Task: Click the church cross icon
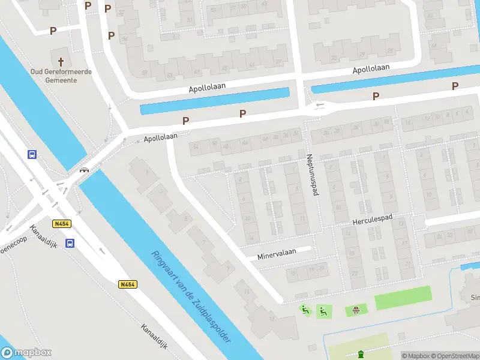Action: pyautogui.click(x=60, y=61)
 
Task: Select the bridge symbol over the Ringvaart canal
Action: pyautogui.click(x=85, y=170)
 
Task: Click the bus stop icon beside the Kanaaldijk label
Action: pyautogui.click(x=70, y=243)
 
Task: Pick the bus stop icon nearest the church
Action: pyautogui.click(x=32, y=154)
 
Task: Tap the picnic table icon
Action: pyautogui.click(x=356, y=310)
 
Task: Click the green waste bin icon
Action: pyautogui.click(x=360, y=353)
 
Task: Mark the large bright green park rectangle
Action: pyautogui.click(x=403, y=298)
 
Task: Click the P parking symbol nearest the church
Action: pyautogui.click(x=53, y=31)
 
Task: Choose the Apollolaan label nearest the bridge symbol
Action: pyautogui.click(x=160, y=137)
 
